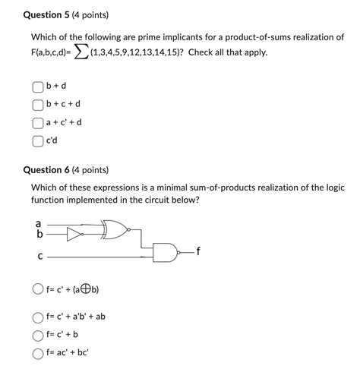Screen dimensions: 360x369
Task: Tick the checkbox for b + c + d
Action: click(x=37, y=104)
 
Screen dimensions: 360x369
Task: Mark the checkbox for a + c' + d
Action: click(x=37, y=122)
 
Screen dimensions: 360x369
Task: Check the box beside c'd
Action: click(x=37, y=140)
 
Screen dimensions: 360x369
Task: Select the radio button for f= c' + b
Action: click(x=37, y=336)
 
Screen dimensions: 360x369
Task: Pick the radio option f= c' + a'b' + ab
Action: click(x=37, y=317)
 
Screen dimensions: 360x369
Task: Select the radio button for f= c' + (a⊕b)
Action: click(x=37, y=289)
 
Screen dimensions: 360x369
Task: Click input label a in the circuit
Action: click(x=39, y=224)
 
